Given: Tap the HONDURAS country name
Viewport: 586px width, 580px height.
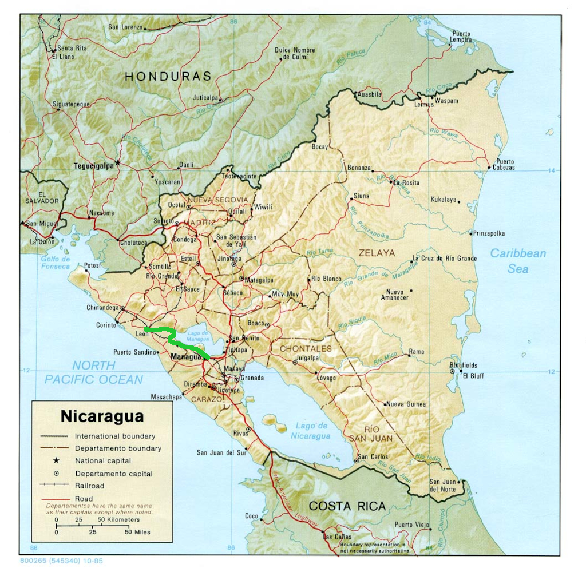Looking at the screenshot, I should [x=168, y=76].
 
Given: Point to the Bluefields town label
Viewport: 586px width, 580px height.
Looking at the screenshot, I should [x=463, y=365].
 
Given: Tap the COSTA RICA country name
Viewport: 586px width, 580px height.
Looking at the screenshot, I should [x=347, y=506].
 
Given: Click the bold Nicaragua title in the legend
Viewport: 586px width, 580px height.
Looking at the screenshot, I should [x=102, y=416].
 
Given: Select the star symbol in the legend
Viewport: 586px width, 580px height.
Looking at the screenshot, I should [x=56, y=460].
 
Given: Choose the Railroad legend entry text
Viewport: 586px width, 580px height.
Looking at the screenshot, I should [x=90, y=486].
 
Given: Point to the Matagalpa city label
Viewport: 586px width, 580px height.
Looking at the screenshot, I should [x=259, y=280].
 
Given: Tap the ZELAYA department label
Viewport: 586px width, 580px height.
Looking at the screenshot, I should [x=377, y=252].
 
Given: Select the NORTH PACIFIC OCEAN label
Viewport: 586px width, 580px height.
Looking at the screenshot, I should [x=94, y=372].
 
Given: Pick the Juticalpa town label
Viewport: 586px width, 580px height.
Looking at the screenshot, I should [x=205, y=98].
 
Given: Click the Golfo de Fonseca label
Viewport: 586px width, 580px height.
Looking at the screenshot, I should [x=55, y=263].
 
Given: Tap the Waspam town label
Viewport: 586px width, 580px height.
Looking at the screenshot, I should [x=446, y=101].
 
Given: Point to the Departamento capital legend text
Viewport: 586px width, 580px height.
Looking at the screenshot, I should [x=114, y=474].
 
